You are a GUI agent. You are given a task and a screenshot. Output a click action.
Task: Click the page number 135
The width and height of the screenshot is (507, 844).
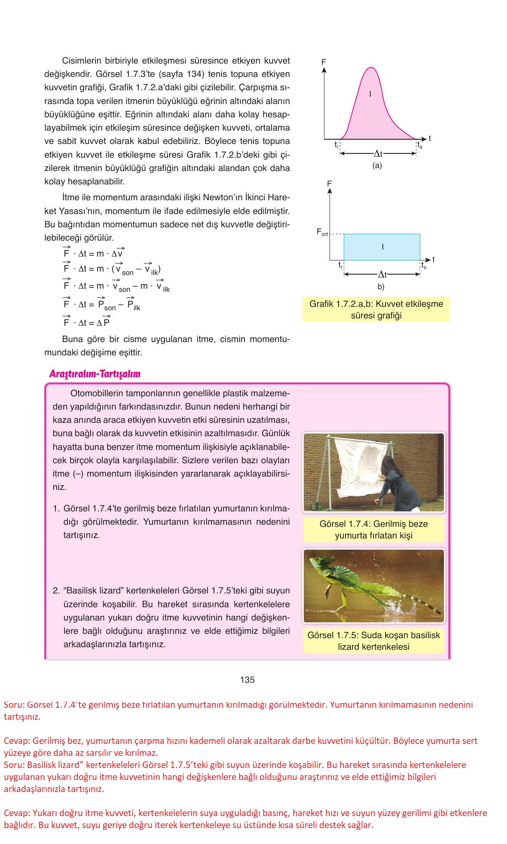coord(247,679)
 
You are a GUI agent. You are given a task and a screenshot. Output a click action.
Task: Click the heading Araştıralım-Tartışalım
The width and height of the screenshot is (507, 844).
coord(95,374)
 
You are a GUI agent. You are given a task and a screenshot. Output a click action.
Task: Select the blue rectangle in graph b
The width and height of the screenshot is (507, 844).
coord(382,247)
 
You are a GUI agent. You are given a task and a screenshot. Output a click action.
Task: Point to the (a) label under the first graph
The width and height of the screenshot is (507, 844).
coord(377,165)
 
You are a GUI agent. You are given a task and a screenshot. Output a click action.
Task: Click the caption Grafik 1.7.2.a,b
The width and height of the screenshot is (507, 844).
coord(376,309)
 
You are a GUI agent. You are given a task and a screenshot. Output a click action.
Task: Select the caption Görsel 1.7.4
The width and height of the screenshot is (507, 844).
coord(373,529)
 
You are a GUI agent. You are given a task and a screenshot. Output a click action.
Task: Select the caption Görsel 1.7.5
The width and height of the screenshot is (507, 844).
coord(373,641)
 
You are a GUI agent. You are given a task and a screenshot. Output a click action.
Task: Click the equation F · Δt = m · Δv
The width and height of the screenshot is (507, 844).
coord(94,254)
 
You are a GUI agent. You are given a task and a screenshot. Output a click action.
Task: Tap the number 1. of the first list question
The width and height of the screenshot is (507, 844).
coord(56,508)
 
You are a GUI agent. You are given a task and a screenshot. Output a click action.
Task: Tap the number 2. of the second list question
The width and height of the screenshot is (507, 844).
coord(56,590)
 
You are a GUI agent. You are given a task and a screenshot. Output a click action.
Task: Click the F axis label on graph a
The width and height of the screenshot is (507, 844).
coord(324,62)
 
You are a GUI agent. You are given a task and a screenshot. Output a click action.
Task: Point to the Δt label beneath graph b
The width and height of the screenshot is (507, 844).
coord(382,274)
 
